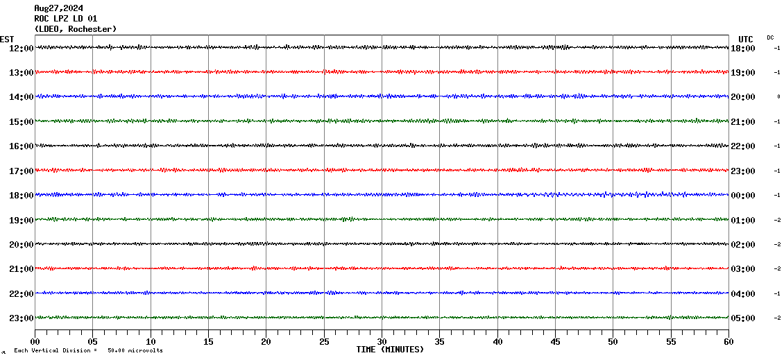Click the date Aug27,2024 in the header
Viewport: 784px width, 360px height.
pos(58,8)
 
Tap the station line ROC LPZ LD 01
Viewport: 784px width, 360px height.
pos(65,19)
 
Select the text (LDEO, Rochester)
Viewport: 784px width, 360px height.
pos(75,29)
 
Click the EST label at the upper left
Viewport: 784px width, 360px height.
pos(7,39)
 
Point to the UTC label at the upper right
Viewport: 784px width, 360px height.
pos(745,39)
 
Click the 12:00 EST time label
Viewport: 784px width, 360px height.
pos(21,48)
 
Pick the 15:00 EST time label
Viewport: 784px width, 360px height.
pos(21,121)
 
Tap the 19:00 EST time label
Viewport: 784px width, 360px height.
pos(21,220)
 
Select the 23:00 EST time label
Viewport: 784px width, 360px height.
pos(21,318)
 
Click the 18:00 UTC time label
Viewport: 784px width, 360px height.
pos(742,48)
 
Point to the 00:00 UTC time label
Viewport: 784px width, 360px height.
pos(742,196)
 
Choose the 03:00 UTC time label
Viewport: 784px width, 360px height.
pos(742,269)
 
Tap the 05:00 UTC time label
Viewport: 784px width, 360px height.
pos(742,318)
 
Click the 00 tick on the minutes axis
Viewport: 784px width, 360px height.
pos(35,341)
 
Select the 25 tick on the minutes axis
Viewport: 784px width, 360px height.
pos(324,341)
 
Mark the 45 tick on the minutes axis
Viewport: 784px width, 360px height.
pos(555,341)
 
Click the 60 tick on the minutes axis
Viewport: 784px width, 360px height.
pos(728,341)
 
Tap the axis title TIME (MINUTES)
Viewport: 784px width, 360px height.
pos(390,350)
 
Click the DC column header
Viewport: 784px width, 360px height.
pos(770,37)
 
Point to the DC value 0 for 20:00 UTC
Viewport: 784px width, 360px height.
pos(778,97)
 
